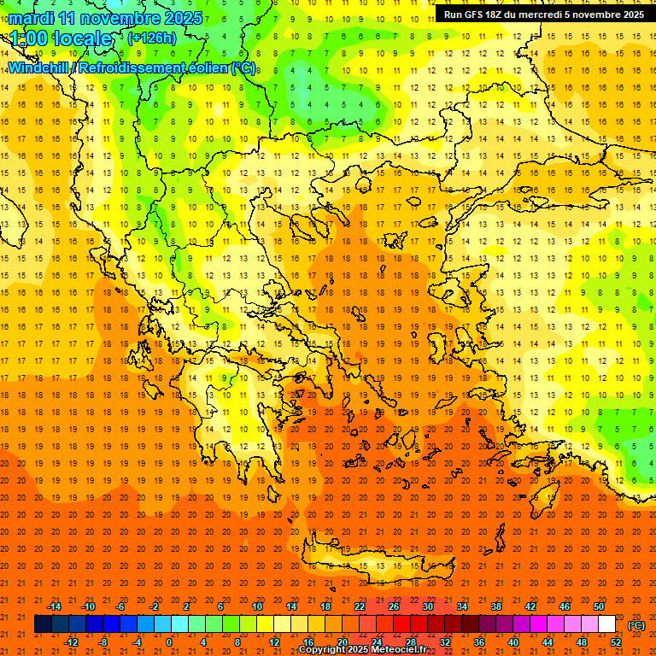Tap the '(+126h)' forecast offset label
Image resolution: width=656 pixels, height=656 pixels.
pyautogui.click(x=151, y=38)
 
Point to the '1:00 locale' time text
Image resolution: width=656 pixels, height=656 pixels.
pyautogui.click(x=61, y=38)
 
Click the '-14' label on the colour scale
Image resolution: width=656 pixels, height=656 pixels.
pyautogui.click(x=54, y=606)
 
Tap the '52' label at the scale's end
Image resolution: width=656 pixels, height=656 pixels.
pyautogui.click(x=616, y=642)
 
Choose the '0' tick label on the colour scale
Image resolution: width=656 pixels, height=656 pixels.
pyautogui.click(x=169, y=642)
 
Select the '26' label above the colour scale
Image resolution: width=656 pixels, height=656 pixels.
pyautogui.click(x=394, y=606)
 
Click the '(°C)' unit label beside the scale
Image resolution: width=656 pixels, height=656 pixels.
pyautogui.click(x=636, y=625)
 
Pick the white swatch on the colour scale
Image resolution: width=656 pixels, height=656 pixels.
pyautogui.click(x=606, y=624)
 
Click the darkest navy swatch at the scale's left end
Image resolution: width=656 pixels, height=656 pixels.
pyautogui.click(x=43, y=624)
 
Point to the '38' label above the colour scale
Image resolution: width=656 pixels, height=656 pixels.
pyautogui.click(x=495, y=606)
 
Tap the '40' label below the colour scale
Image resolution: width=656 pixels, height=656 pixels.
pyautogui.click(x=513, y=642)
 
